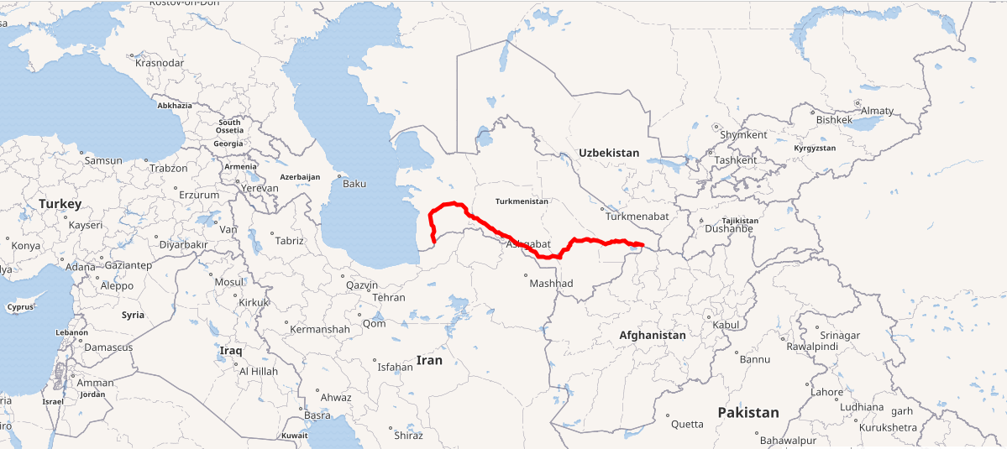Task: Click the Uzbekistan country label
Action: pyautogui.click(x=609, y=153)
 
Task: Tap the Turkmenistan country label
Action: pyautogui.click(x=522, y=201)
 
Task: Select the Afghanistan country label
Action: pyautogui.click(x=653, y=335)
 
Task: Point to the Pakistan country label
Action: pyautogui.click(x=748, y=412)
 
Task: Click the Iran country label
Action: pyautogui.click(x=429, y=360)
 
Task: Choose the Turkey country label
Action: pyautogui.click(x=60, y=204)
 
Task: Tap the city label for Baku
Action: pyautogui.click(x=354, y=183)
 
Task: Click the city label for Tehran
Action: pyautogui.click(x=389, y=297)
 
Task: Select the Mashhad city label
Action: pyautogui.click(x=551, y=284)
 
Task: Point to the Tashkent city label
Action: pyautogui.click(x=736, y=159)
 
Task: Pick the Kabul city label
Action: pyautogui.click(x=725, y=324)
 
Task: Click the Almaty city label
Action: pyautogui.click(x=878, y=111)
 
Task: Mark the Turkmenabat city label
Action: pyautogui.click(x=637, y=217)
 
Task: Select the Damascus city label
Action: pyautogui.click(x=109, y=347)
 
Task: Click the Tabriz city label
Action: pyautogui.click(x=289, y=240)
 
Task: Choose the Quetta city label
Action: pyautogui.click(x=687, y=424)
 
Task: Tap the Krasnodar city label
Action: pyautogui.click(x=160, y=63)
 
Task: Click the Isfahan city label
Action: pyautogui.click(x=396, y=367)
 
